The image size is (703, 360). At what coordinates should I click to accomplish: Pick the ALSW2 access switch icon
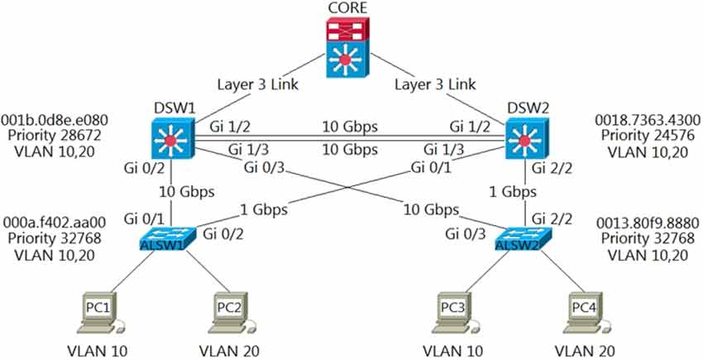click(519, 241)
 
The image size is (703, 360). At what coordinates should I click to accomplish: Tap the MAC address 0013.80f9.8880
click(643, 223)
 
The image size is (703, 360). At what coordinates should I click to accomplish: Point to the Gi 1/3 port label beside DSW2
click(443, 149)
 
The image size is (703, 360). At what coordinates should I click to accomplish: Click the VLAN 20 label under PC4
click(588, 351)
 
